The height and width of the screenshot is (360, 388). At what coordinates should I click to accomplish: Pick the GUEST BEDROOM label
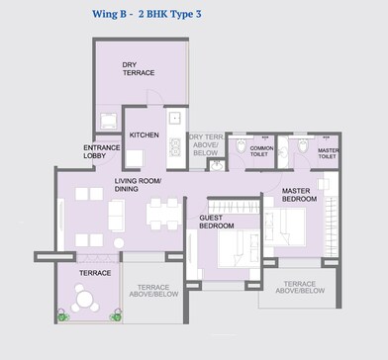point(216,222)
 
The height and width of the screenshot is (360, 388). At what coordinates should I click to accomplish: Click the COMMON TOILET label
point(259,150)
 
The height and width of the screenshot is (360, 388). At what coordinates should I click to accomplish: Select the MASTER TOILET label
point(327,150)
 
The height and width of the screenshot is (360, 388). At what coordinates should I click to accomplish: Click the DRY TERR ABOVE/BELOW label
point(205,144)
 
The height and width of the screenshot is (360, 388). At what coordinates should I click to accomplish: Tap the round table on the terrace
point(85,299)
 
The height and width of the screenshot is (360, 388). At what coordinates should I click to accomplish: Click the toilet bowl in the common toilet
point(241,146)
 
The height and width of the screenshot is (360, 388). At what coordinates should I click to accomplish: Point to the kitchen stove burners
point(174,150)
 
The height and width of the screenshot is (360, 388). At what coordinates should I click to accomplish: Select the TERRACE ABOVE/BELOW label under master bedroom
point(299,287)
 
